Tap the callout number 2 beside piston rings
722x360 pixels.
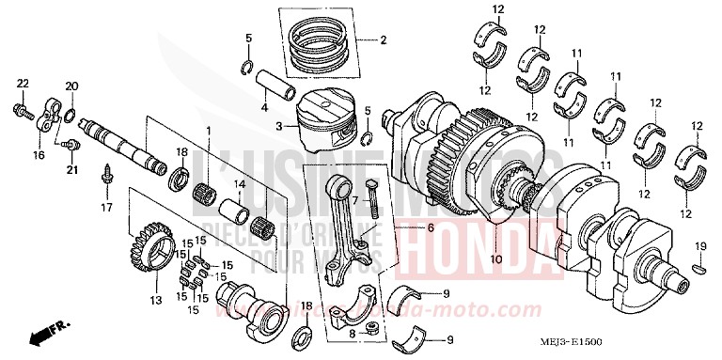[384, 41]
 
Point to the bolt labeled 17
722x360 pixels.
[106, 175]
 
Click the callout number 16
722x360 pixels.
[39, 155]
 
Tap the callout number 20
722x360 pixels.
[70, 86]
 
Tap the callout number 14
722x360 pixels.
[240, 184]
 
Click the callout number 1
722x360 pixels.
[209, 130]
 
